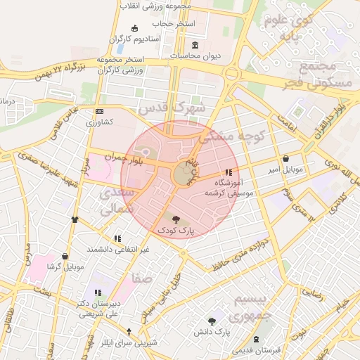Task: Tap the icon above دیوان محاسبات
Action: click(x=175, y=45)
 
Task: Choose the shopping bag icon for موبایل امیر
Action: click(x=285, y=158)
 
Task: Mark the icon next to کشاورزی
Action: click(x=99, y=111)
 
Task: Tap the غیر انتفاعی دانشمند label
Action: click(x=117, y=250)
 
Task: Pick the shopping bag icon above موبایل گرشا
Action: click(x=65, y=257)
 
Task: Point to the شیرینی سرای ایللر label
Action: click(x=129, y=342)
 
